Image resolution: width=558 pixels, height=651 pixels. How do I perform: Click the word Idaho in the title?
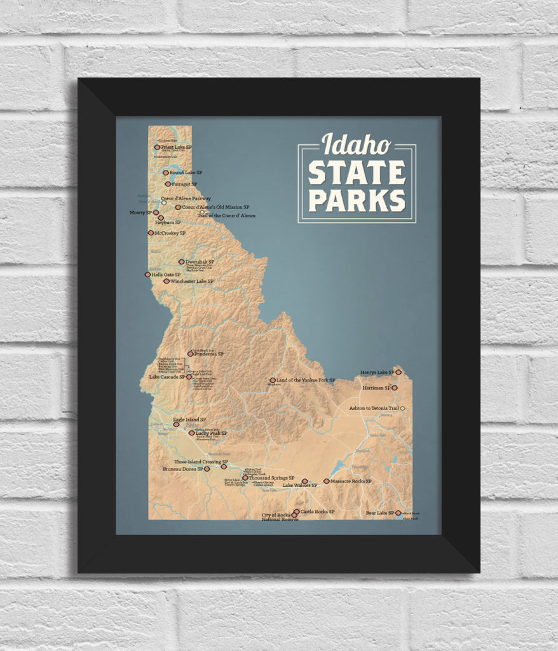(356, 145)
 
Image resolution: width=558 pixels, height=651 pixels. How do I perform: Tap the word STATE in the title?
(357, 174)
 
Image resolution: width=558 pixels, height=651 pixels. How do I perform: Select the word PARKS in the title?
(357, 200)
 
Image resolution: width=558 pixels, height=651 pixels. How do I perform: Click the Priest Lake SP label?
(176, 147)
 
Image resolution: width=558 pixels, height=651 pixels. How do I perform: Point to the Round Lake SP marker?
(166, 172)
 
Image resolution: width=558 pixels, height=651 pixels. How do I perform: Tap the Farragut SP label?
(184, 184)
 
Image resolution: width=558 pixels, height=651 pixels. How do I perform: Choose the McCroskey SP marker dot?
(151, 233)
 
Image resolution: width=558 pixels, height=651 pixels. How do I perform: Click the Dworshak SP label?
(200, 261)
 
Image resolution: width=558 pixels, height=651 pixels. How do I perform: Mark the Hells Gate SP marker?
(147, 275)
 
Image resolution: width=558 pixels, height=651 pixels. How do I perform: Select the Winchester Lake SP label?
(191, 281)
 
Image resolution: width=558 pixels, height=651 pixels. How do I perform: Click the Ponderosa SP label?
(209, 354)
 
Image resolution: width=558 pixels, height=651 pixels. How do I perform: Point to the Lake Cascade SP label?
(167, 377)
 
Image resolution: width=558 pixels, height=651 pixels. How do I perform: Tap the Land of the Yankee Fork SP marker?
(273, 380)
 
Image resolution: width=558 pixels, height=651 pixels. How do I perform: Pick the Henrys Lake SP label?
(378, 373)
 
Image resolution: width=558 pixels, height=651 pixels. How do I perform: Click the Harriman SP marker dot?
(394, 387)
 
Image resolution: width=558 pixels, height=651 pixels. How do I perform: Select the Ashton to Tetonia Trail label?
(374, 408)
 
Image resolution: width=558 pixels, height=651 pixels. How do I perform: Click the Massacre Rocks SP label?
(351, 481)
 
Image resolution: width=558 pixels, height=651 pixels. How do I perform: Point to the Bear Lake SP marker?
(398, 512)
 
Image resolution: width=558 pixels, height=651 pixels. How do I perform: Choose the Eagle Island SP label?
(189, 420)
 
